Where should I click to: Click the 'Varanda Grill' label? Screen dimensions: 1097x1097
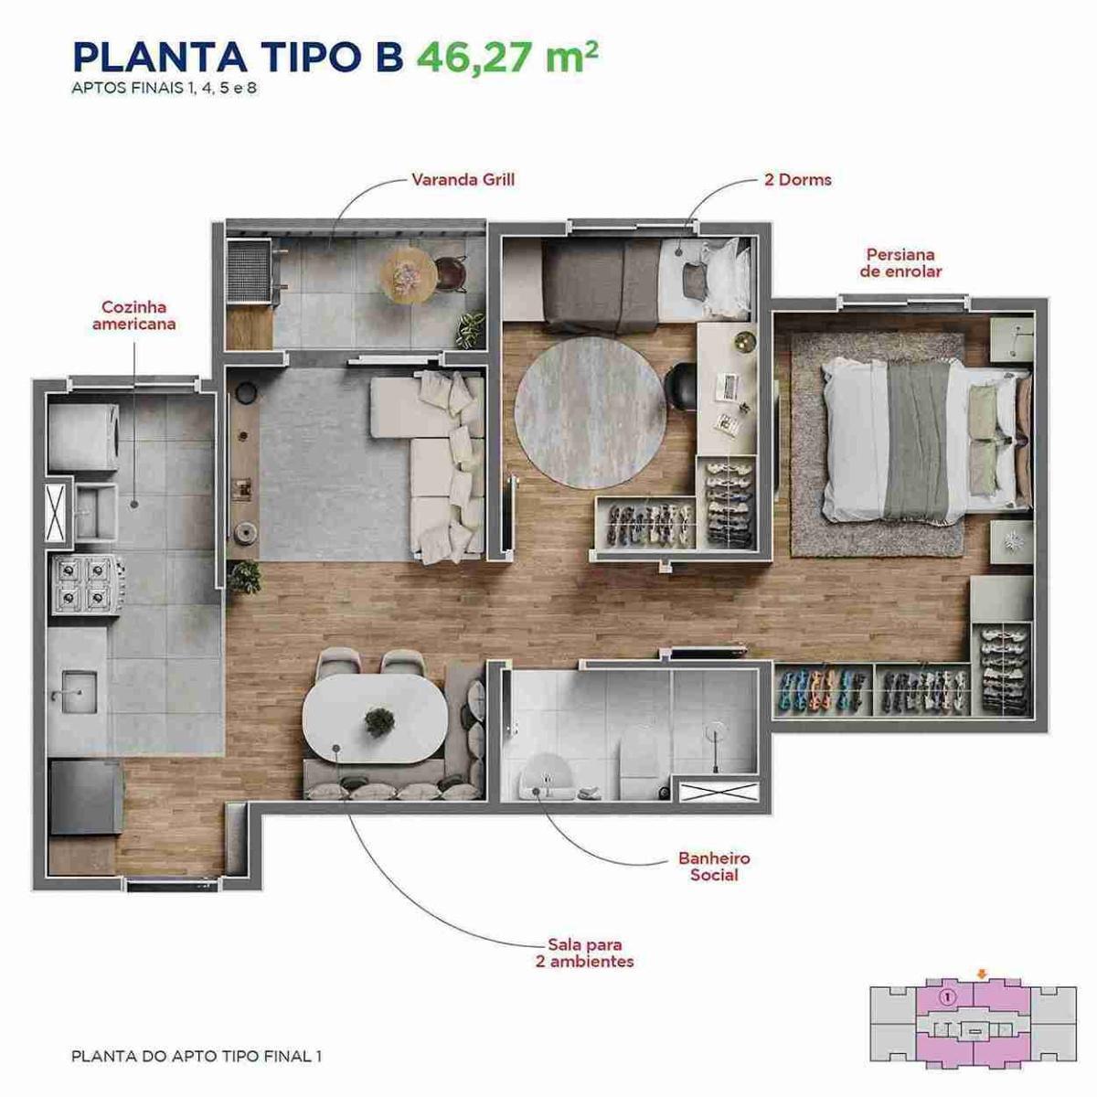(463, 180)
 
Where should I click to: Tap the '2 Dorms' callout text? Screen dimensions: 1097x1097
(797, 180)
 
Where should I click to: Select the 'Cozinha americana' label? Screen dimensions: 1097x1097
(134, 315)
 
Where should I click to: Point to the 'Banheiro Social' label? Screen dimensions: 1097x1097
(715, 867)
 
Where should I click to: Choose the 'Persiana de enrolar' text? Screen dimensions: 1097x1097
(900, 263)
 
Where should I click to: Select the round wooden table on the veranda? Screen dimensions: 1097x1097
(409, 276)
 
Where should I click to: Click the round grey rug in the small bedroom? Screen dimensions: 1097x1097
(591, 412)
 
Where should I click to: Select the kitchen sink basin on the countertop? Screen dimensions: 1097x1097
(80, 692)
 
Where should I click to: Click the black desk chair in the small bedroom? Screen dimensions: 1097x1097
(681, 387)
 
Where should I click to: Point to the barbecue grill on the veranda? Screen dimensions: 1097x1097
(249, 272)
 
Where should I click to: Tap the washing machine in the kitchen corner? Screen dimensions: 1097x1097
(83, 438)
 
